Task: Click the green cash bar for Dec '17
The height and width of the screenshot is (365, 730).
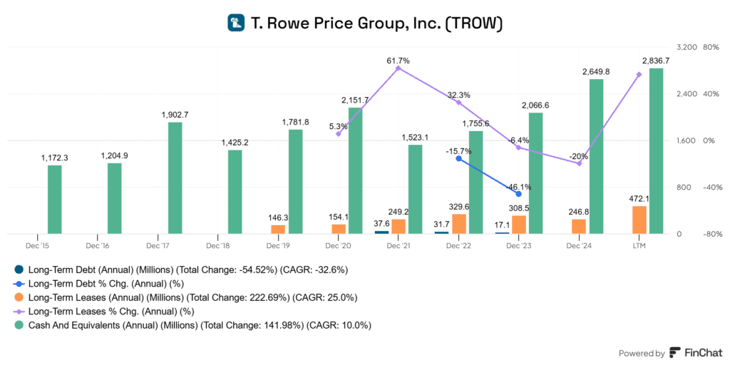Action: [x=175, y=178]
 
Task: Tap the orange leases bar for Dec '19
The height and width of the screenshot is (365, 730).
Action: [x=278, y=230]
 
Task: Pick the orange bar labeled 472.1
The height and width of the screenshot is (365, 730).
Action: [x=639, y=220]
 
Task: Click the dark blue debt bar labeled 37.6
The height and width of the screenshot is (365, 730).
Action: [x=381, y=232]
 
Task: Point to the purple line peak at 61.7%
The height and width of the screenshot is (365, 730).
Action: [x=399, y=68]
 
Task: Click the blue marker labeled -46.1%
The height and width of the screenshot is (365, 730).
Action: [x=518, y=194]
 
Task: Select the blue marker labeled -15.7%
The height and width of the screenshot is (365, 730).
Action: [x=458, y=158]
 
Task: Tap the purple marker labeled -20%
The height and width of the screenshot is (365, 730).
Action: [x=579, y=164]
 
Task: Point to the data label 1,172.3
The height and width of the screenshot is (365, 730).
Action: [x=54, y=158]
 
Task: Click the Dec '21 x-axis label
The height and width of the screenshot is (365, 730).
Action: [x=397, y=246]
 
